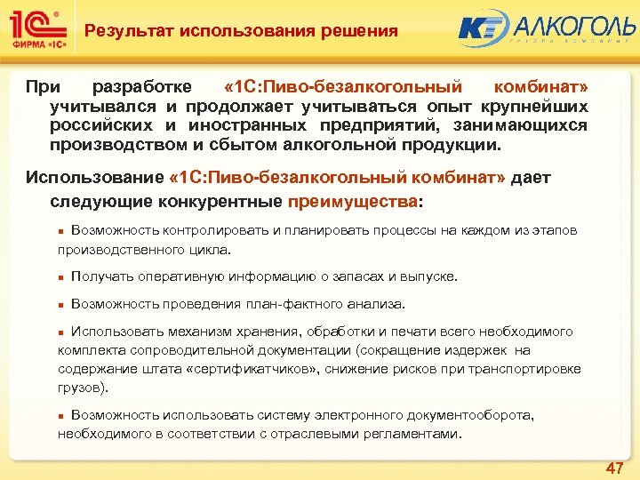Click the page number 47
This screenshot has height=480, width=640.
pyautogui.click(x=613, y=468)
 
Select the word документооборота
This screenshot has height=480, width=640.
pyautogui.click(x=465, y=415)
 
